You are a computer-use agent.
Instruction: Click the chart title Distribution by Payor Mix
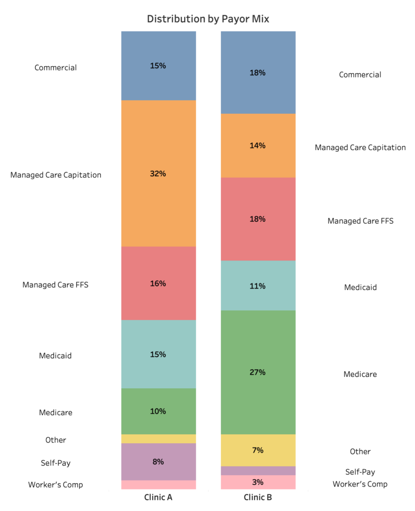pyautogui.click(x=207, y=19)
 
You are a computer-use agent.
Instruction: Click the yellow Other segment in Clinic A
pyautogui.click(x=158, y=439)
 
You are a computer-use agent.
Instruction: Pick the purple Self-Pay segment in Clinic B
pyautogui.click(x=258, y=471)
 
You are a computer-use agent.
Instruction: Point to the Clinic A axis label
pyautogui.click(x=158, y=497)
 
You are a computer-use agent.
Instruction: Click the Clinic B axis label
pyautogui.click(x=258, y=497)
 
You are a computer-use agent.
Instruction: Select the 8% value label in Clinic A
pyautogui.click(x=158, y=462)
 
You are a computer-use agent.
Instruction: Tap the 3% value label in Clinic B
pyautogui.click(x=258, y=482)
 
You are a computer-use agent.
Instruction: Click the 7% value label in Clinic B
pyautogui.click(x=258, y=450)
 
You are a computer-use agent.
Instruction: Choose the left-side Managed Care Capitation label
pyautogui.click(x=56, y=175)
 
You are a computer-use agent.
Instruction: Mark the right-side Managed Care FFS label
pyautogui.click(x=360, y=221)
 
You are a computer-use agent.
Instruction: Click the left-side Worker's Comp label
pyautogui.click(x=55, y=485)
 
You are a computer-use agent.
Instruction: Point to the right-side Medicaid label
pyautogui.click(x=360, y=287)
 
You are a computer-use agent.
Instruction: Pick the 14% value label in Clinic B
pyautogui.click(x=258, y=146)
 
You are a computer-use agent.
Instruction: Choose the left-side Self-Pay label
pyautogui.click(x=55, y=463)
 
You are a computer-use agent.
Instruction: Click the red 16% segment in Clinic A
pyautogui.click(x=158, y=299)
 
